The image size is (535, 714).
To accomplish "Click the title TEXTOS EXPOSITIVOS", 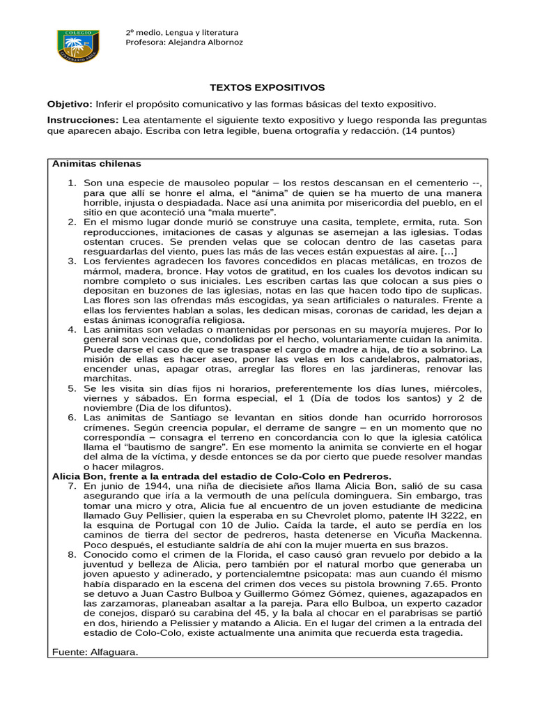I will pos(267,88).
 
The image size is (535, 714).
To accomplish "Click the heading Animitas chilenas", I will pos(97,164).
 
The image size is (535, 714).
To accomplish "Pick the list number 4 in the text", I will pos(72,329).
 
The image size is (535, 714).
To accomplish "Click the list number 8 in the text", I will pos(72,555).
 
